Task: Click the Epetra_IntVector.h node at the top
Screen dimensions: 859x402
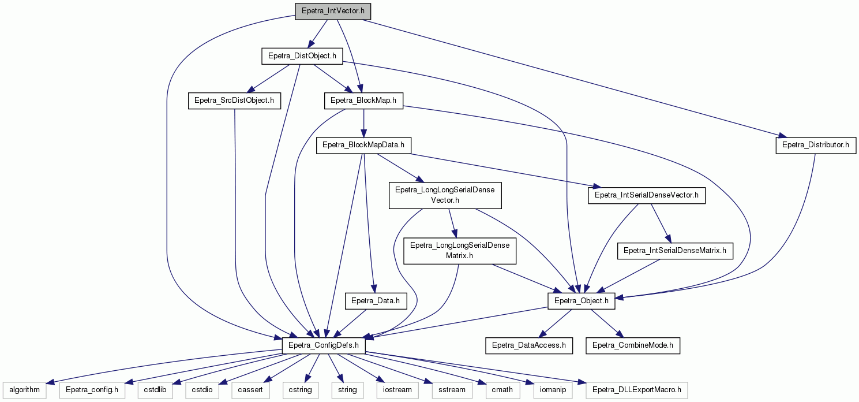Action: pos(333,11)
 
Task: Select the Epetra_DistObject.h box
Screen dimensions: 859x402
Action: pos(302,56)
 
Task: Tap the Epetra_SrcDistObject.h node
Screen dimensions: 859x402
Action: pos(234,100)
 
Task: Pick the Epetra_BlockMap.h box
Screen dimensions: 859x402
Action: pos(363,100)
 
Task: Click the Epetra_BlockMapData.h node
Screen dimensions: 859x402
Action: pos(363,145)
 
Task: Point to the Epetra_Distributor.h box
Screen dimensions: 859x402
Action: pos(816,145)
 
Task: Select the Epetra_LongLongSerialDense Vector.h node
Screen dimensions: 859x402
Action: pos(445,195)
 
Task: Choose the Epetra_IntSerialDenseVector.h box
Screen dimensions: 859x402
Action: pos(647,195)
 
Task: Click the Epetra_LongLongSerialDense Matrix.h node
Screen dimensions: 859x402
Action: pos(460,251)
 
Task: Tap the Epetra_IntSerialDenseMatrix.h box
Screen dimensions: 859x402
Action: pos(675,251)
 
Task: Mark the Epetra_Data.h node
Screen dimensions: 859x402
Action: pos(376,301)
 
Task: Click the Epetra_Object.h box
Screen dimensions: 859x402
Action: pos(582,301)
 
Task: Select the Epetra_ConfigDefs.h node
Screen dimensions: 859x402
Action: pos(324,345)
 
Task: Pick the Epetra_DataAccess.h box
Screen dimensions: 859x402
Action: pos(529,345)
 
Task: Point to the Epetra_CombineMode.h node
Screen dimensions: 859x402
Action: pos(633,345)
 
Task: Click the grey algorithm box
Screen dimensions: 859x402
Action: pos(25,390)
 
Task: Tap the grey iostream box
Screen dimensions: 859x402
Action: pos(397,390)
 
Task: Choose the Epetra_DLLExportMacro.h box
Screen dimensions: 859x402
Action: pos(636,390)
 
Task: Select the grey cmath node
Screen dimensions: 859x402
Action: pos(502,390)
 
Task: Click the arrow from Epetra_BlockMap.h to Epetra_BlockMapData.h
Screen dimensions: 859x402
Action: pos(363,123)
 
